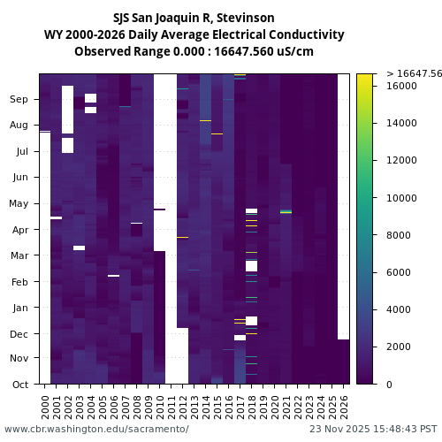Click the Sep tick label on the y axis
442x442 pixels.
pos(19,100)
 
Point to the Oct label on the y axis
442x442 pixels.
pos(19,385)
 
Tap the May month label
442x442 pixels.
pos(19,204)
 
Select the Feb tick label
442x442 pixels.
pos(19,282)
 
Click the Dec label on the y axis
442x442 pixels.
pos(19,334)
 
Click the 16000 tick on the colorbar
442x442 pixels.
pos(402,86)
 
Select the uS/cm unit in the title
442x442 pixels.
pos(297,51)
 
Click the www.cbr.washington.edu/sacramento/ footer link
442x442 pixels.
pos(96,429)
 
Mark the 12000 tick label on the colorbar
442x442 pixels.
pos(402,160)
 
